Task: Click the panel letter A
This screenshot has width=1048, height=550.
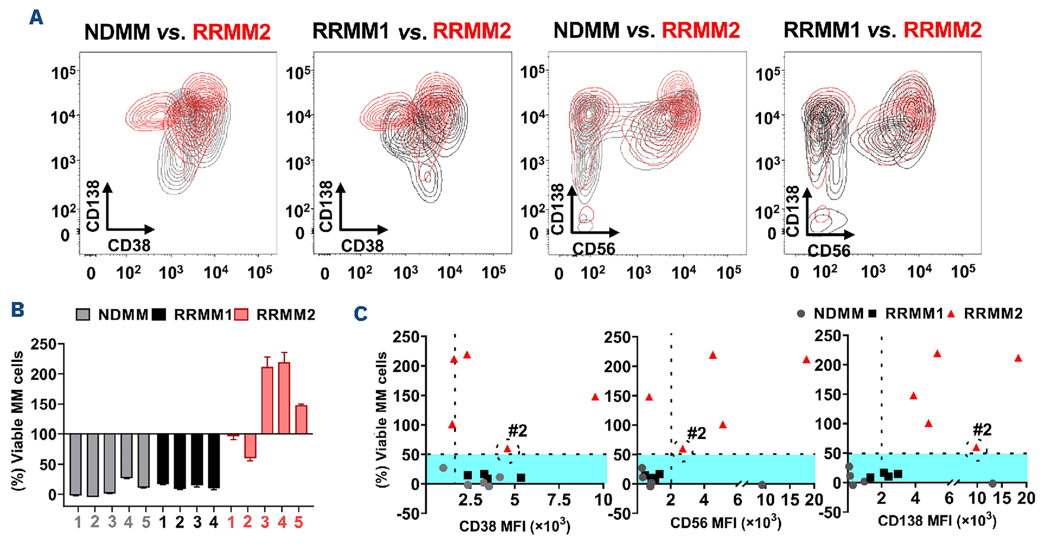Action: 36,18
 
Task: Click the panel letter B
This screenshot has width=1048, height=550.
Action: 18,310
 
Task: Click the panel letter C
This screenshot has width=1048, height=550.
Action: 360,314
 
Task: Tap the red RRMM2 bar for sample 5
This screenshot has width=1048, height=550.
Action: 301,419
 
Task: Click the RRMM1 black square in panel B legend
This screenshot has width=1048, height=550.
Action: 159,315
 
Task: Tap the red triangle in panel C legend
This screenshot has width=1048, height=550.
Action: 951,314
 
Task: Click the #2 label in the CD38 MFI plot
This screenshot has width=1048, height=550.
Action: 518,430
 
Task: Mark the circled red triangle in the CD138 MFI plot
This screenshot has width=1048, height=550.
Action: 976,448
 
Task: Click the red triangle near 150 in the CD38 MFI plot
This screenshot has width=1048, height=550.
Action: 595,397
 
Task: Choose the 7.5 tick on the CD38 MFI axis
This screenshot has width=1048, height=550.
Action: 559,500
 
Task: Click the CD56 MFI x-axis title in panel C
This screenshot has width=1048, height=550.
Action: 725,523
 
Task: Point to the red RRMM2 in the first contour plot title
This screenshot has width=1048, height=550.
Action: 231,32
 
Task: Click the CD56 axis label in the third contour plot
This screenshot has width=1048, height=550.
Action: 594,249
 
